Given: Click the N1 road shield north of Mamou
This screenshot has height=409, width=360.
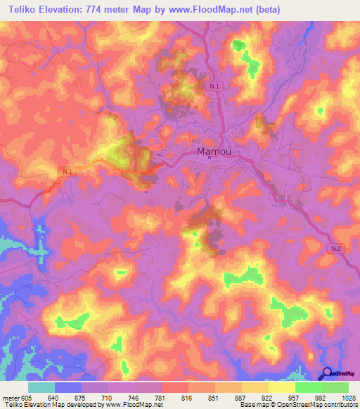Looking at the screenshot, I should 214,86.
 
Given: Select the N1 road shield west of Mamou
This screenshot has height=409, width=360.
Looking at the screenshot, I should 67,171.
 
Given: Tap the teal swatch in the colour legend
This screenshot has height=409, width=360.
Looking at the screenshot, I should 41,387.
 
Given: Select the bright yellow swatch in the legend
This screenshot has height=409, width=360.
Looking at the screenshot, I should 281,387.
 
